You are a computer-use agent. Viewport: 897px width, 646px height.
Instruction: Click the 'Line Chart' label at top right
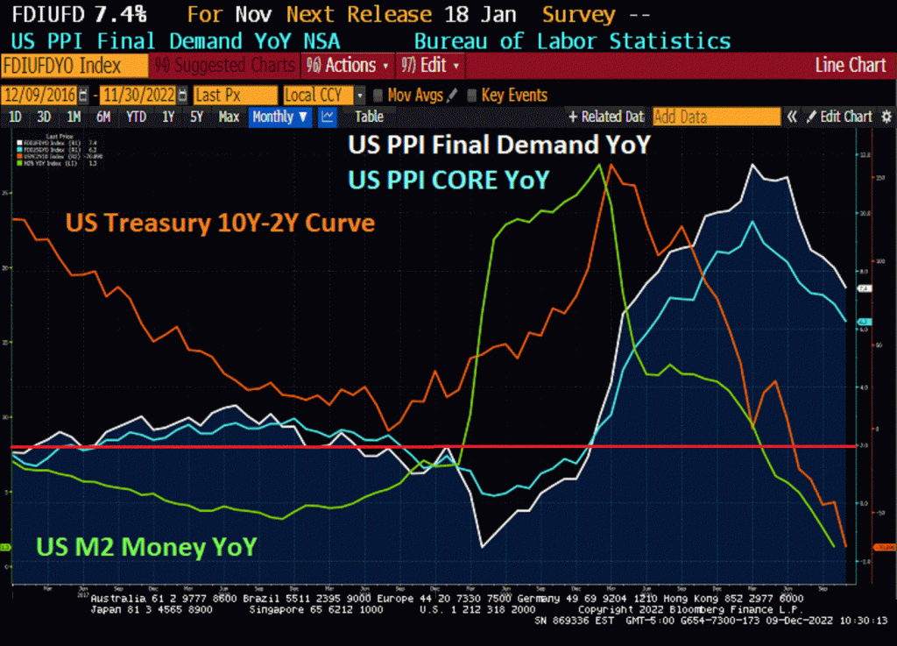[x=850, y=66]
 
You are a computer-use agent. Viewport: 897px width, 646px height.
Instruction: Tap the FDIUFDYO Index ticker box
[x=74, y=66]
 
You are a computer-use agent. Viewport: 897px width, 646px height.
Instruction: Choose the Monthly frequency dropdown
[x=279, y=117]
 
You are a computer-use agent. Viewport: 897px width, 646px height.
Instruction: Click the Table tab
[x=369, y=117]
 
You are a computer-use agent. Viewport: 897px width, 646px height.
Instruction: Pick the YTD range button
[x=136, y=117]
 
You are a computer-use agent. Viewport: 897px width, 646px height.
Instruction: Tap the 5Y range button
[x=196, y=117]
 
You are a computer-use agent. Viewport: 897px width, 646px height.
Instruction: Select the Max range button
[x=229, y=117]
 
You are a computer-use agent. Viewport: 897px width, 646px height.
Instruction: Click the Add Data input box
[x=716, y=117]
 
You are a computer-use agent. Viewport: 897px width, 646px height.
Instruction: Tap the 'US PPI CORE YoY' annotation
[x=448, y=179]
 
